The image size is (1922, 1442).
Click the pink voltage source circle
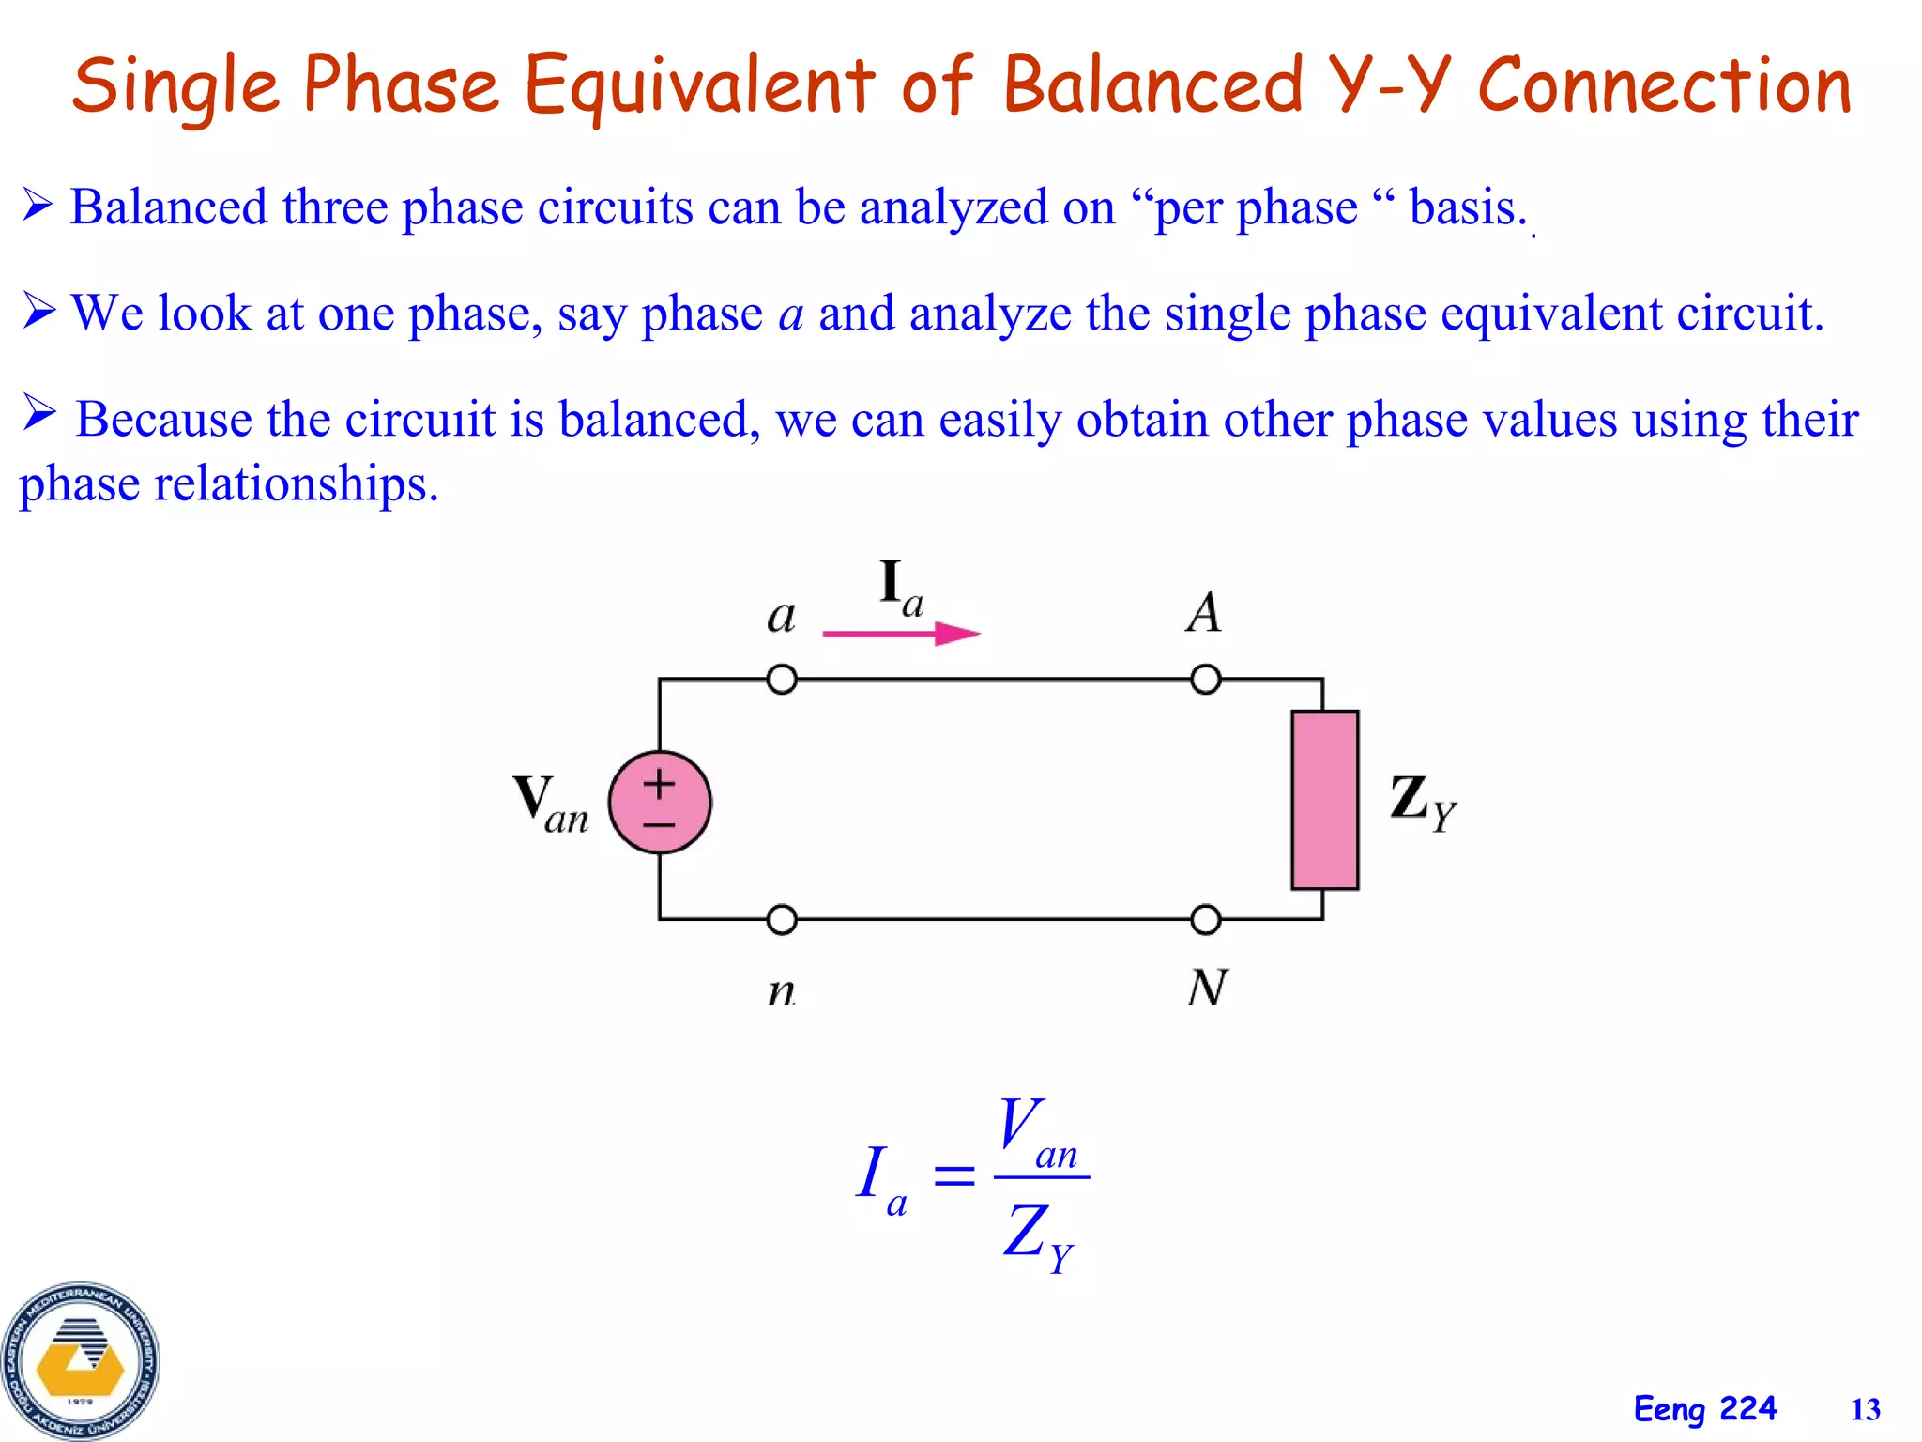click(660, 803)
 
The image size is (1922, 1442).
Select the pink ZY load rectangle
click(1324, 799)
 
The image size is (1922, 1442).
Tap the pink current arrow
click(901, 635)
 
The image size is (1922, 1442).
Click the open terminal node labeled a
click(782, 679)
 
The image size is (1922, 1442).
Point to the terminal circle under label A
click(1206, 679)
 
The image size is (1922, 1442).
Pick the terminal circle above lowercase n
click(782, 920)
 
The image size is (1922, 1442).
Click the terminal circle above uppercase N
click(1206, 920)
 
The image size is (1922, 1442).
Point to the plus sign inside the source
click(659, 783)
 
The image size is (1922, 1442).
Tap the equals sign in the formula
click(954, 1175)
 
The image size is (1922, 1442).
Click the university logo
click(81, 1361)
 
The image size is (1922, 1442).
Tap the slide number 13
click(1865, 1410)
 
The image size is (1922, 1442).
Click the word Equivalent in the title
click(699, 86)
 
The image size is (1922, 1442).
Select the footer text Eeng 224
click(1705, 1409)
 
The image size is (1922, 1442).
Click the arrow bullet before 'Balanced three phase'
click(38, 205)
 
